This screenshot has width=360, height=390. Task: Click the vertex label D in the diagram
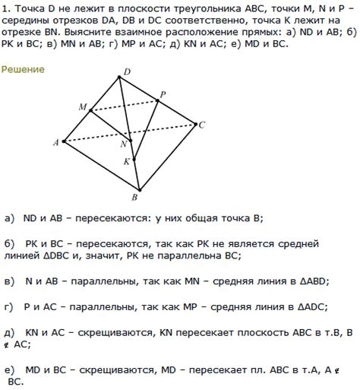click(126, 71)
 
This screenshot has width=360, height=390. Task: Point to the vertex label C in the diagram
click(202, 125)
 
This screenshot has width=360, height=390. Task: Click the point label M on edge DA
click(82, 107)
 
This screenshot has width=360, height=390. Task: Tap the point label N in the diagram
click(123, 144)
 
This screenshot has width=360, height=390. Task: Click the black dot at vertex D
click(119, 77)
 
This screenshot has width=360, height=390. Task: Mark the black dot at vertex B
click(138, 190)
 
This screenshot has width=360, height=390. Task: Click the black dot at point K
click(134, 160)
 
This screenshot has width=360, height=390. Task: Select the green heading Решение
click(23, 69)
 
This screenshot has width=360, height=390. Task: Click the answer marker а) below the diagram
click(9, 217)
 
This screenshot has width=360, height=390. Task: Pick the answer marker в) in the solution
click(9, 281)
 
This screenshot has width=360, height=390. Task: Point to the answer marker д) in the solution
click(9, 332)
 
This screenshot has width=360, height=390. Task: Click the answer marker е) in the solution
click(9, 369)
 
